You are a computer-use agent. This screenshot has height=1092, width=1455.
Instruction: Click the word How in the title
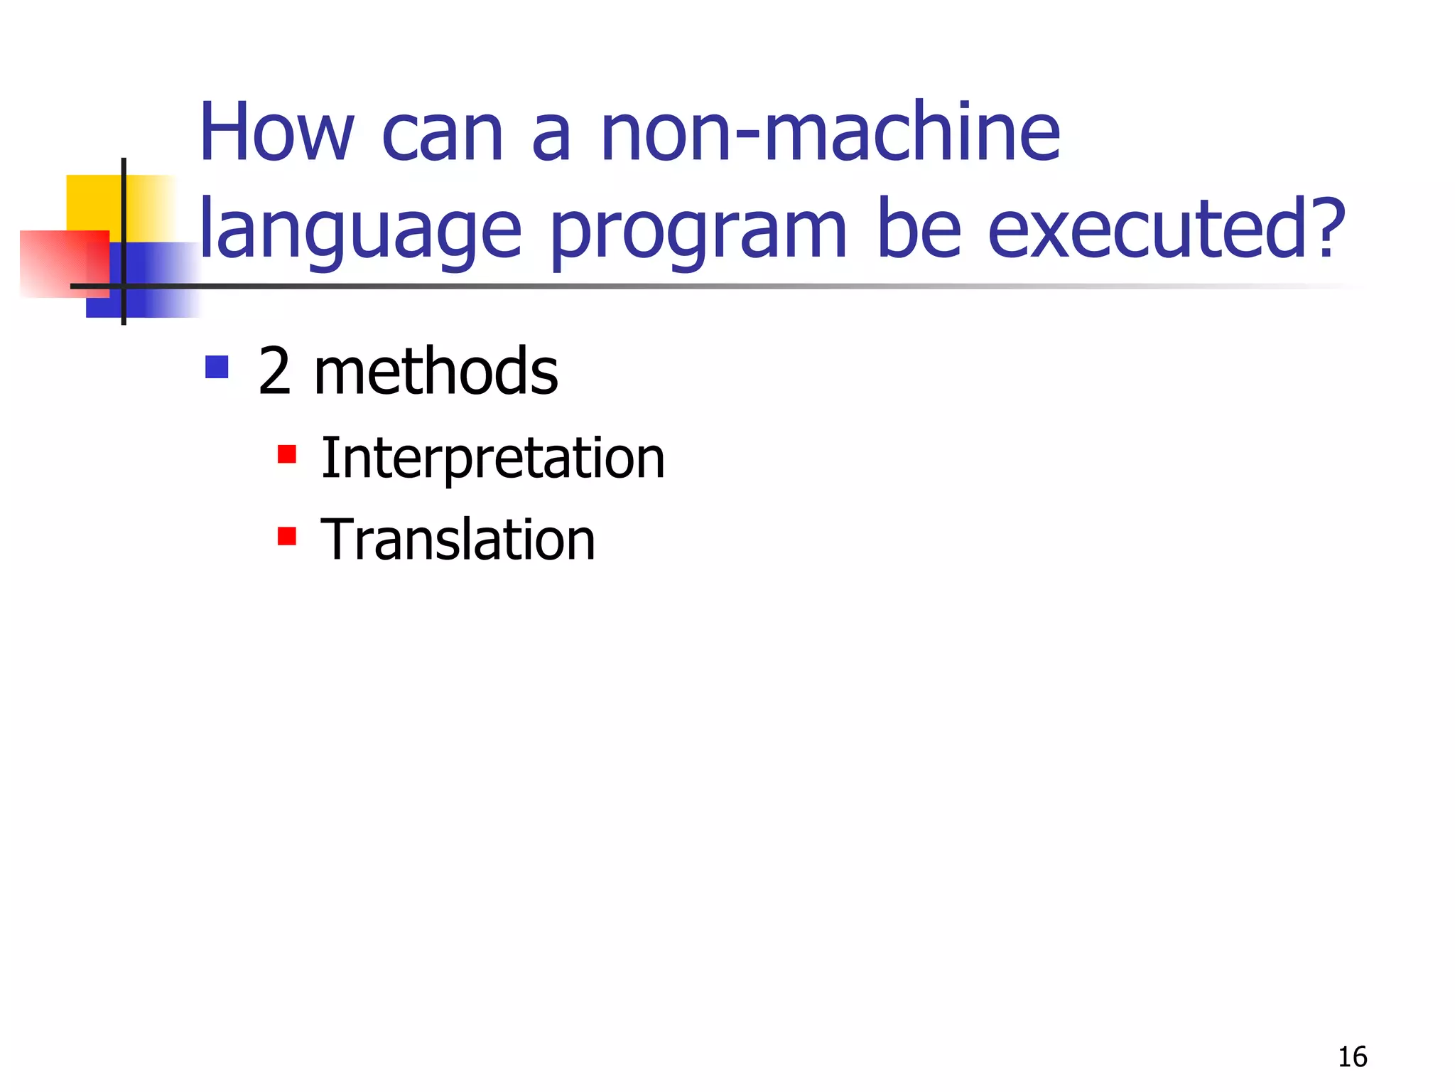(x=276, y=132)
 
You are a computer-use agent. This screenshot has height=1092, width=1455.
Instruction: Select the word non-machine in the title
(x=830, y=132)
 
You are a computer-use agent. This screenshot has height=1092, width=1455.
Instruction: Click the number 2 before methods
(x=274, y=371)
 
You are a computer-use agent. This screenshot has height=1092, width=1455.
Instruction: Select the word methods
(x=436, y=371)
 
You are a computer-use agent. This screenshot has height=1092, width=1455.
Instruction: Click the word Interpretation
(x=492, y=459)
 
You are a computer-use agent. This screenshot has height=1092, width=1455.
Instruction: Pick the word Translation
(x=458, y=540)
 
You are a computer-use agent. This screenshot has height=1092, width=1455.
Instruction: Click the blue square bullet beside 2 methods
(x=217, y=368)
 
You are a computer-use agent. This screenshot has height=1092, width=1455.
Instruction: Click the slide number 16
(x=1352, y=1057)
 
